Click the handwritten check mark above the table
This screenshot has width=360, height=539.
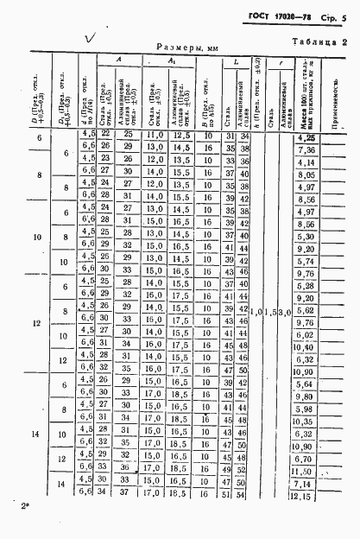88,38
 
